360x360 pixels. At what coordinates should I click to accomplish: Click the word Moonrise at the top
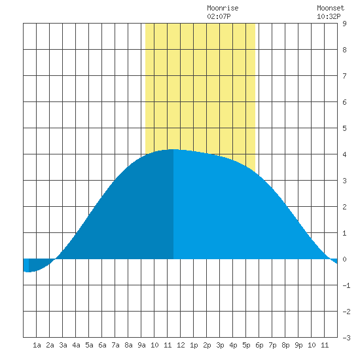coord(223,8)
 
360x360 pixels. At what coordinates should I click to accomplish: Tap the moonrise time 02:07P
coord(219,16)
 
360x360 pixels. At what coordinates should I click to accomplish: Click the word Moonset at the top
coord(331,8)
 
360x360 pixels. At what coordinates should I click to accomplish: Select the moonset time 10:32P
coord(329,16)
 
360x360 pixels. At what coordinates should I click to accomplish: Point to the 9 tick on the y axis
coord(344,24)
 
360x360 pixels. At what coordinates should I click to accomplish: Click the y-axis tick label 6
coord(344,102)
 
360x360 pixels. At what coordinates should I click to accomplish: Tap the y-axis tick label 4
coord(344,154)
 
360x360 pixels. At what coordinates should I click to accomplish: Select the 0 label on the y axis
coord(344,259)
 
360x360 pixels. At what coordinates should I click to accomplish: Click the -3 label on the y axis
coord(346,338)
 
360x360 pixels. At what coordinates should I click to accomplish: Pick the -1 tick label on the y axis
coord(346,285)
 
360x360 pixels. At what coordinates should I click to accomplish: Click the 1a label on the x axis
coord(37,345)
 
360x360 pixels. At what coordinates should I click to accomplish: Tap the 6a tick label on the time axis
coord(102,345)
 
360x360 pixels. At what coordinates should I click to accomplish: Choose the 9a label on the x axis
coord(141,345)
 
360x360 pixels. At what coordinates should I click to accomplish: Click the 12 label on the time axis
coord(181,345)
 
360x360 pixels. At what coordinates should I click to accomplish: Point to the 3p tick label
coord(220,345)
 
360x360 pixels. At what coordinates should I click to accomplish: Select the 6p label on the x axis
coord(259,345)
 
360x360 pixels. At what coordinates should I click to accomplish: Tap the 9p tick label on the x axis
coord(298,345)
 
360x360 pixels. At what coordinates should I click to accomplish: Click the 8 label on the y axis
coord(344,50)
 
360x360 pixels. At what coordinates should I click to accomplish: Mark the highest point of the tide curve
coord(173,149)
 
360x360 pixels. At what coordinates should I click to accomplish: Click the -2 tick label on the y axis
coord(346,312)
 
